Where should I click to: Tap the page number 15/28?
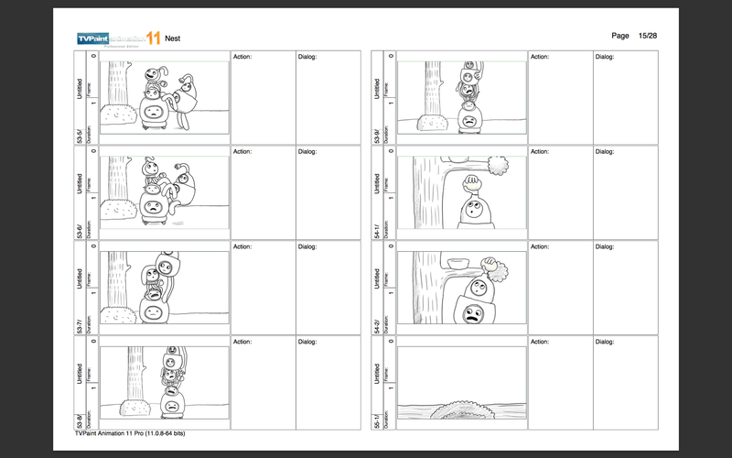click(644, 35)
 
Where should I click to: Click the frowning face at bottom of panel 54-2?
click(473, 315)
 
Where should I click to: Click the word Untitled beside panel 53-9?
click(377, 87)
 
